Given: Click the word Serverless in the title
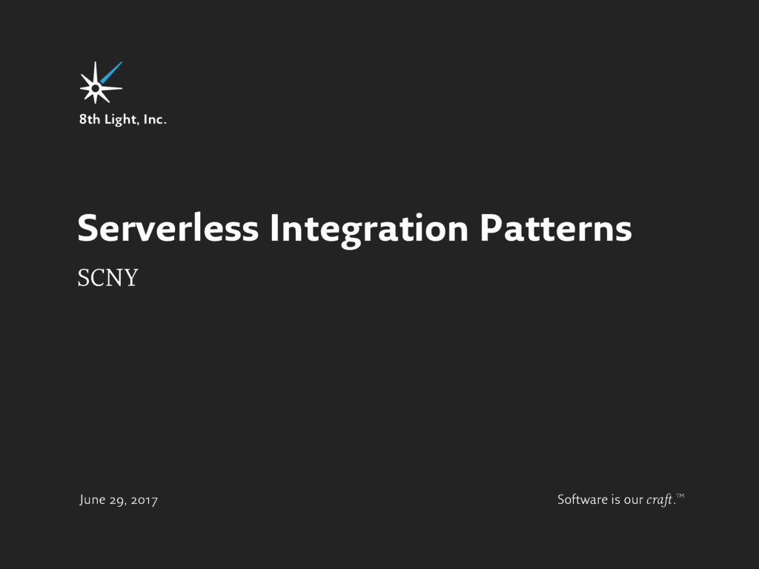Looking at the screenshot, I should (168, 229).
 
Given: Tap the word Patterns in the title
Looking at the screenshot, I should (555, 229).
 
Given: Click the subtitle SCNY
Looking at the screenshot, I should (107, 279).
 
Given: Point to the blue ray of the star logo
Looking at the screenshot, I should (111, 73).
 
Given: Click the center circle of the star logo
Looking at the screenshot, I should (96, 87).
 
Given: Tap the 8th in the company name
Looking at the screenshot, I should (90, 119).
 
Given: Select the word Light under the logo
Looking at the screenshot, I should (121, 119).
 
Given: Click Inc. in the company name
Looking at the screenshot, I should (155, 119).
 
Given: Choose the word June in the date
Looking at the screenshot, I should (93, 500).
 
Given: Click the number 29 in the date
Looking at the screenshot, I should (119, 500).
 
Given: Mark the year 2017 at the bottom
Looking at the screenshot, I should (145, 500).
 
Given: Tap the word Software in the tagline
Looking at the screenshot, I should (582, 500).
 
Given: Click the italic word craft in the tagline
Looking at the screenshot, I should (659, 500).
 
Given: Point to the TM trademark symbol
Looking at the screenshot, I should (680, 495).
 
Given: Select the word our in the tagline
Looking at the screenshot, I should (633, 500).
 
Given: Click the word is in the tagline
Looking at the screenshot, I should (616, 500).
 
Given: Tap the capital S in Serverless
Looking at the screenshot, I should (87, 229).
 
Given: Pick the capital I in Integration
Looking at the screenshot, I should (274, 229).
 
